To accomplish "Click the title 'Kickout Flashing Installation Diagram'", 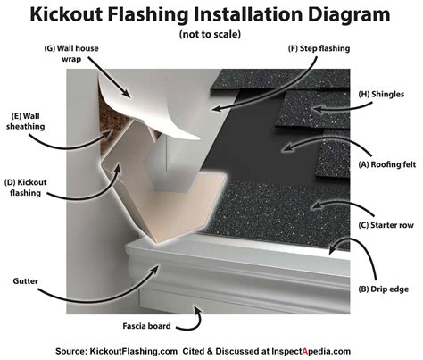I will click(211, 15).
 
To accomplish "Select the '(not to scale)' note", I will click(211, 35).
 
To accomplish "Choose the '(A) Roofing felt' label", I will click(379, 163).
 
